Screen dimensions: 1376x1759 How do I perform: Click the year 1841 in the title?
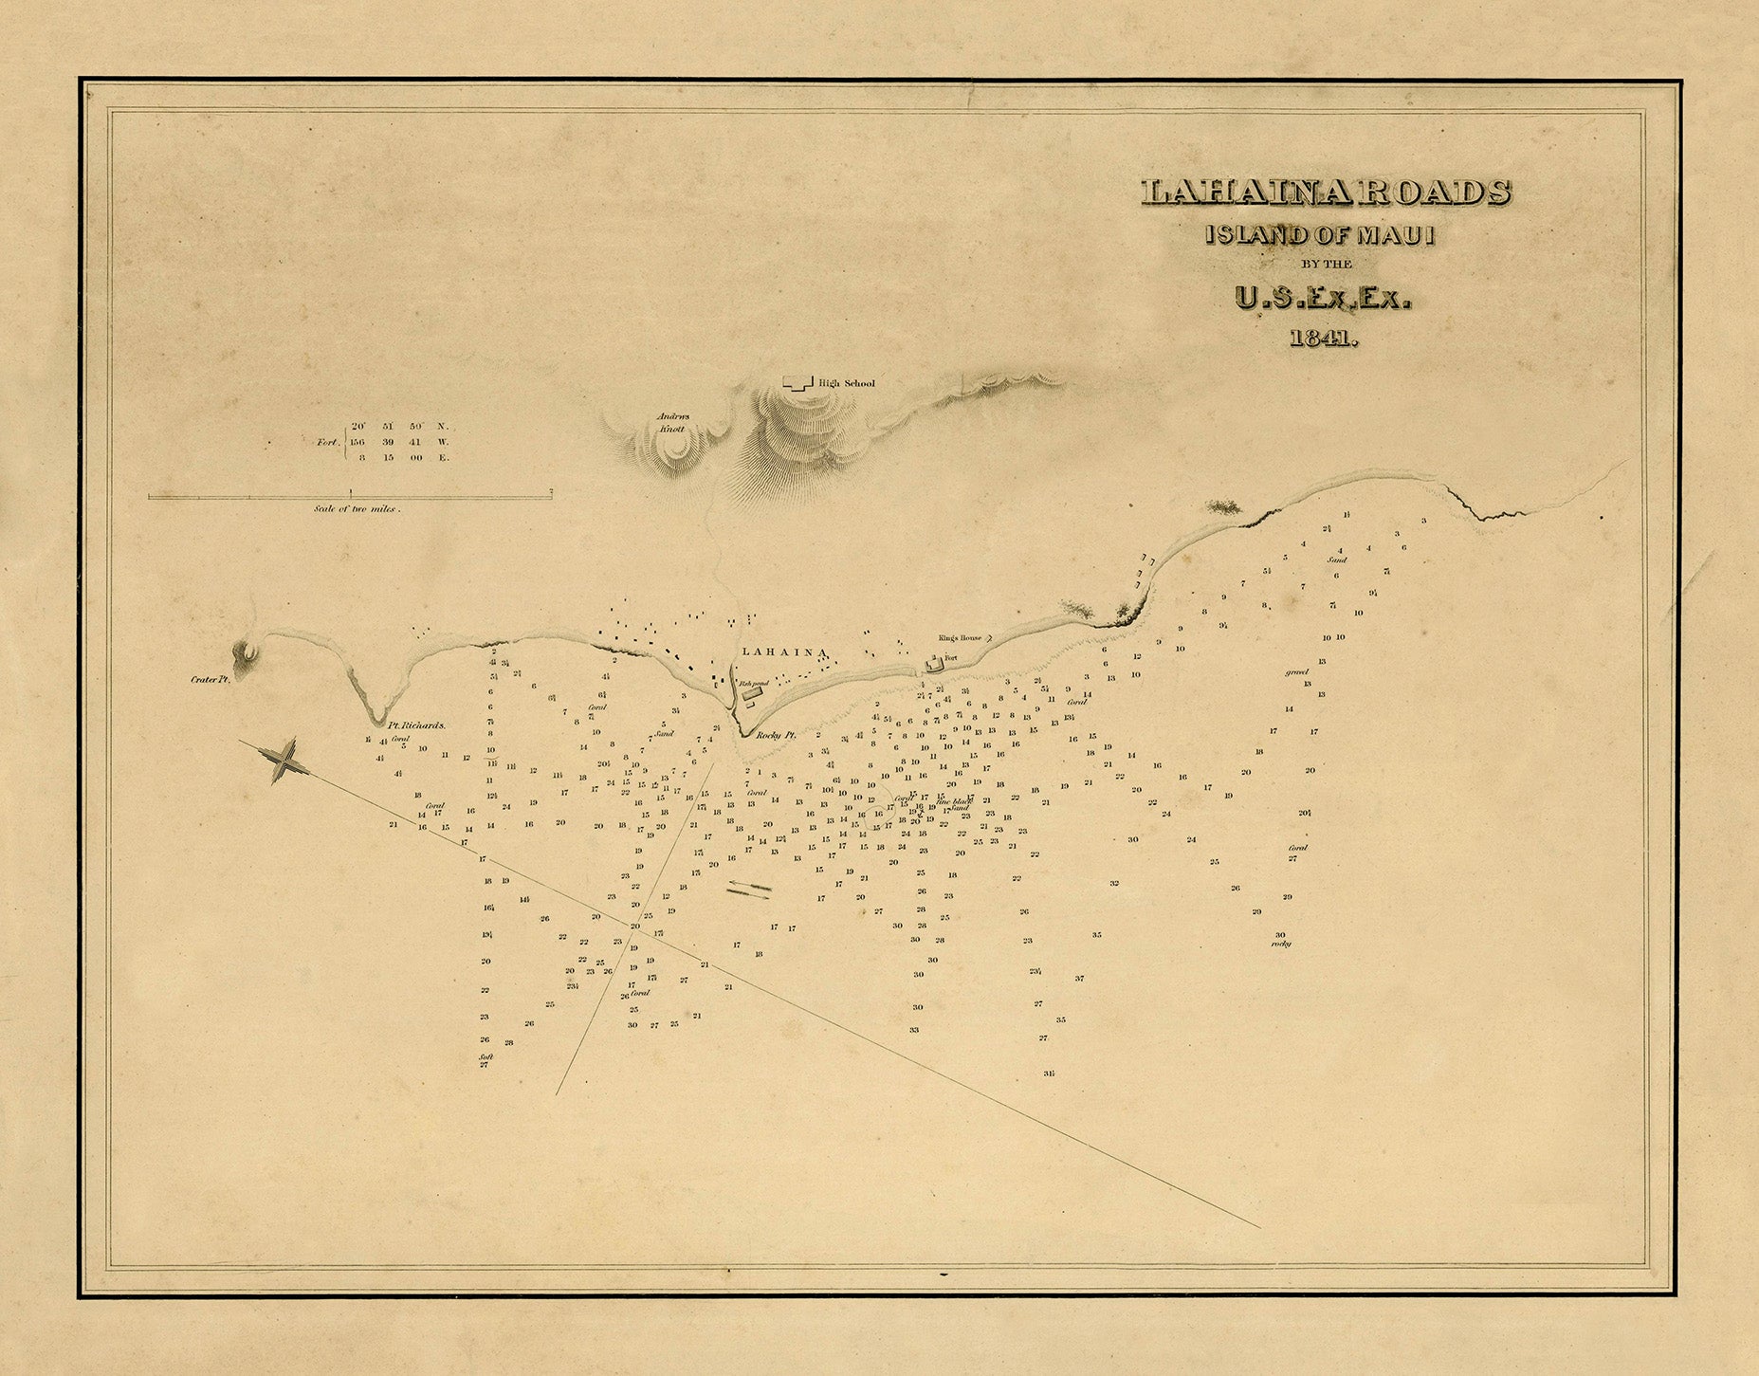click(1323, 339)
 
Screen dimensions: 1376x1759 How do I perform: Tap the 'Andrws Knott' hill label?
click(669, 422)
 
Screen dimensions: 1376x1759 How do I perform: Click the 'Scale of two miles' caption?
click(357, 509)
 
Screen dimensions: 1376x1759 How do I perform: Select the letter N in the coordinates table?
click(440, 427)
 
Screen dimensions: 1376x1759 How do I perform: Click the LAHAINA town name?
click(786, 651)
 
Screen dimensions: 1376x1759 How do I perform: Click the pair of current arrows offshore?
click(749, 889)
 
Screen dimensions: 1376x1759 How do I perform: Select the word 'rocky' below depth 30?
click(1282, 945)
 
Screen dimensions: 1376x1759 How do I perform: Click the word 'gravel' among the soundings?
click(1296, 671)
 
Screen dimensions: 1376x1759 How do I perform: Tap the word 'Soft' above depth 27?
click(486, 1055)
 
